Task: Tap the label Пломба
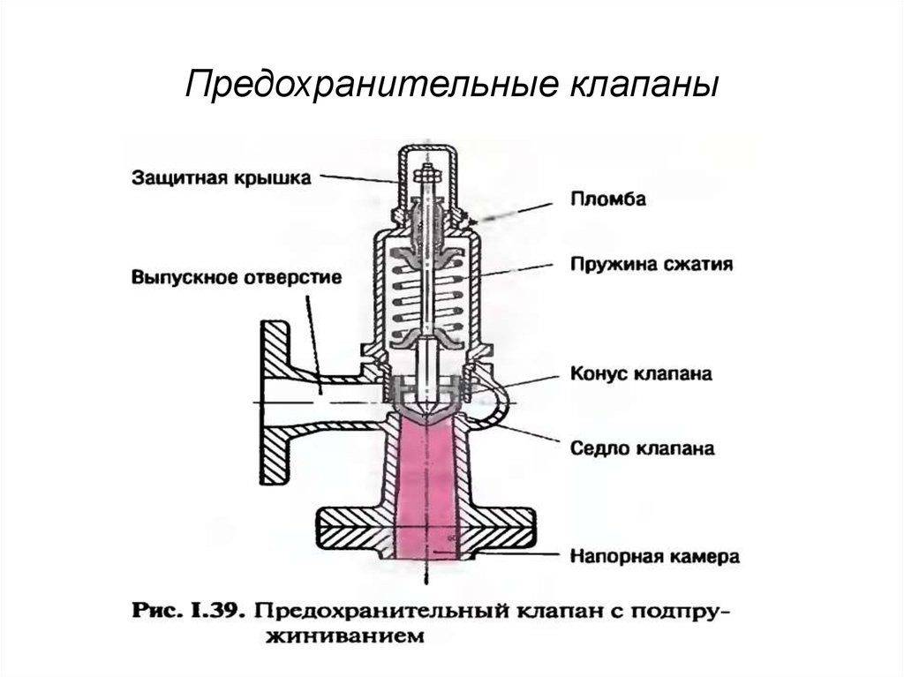(607, 199)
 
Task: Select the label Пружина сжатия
(651, 264)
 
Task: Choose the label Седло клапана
(642, 448)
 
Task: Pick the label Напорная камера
(654, 556)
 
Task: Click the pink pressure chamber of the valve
(430, 494)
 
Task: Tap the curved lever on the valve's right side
(499, 397)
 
